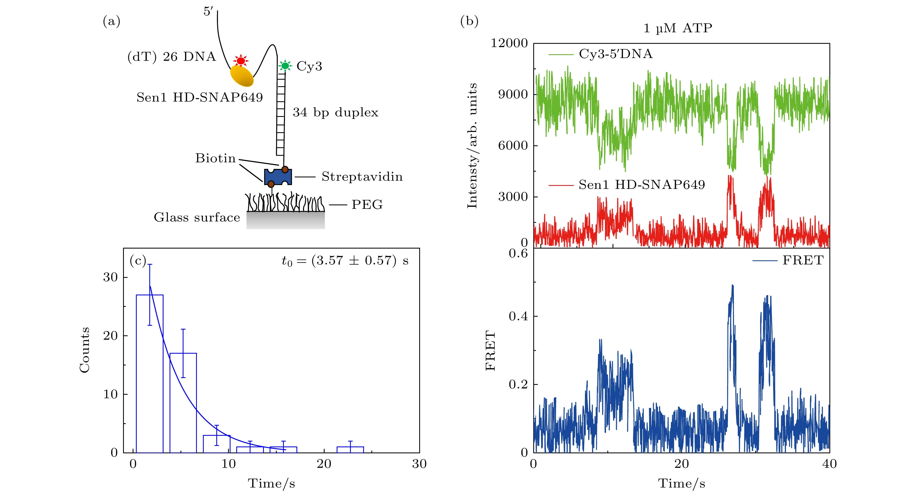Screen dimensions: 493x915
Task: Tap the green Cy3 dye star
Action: coord(285,66)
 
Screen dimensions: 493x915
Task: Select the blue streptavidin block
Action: coord(278,177)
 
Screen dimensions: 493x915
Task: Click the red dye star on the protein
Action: coord(241,61)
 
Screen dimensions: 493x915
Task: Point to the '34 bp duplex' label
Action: coord(335,112)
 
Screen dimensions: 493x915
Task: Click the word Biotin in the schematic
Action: coord(215,158)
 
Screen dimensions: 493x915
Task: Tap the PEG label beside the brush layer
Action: coord(367,205)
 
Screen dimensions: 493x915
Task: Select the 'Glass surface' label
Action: coord(197,217)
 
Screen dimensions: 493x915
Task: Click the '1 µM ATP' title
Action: coord(678,28)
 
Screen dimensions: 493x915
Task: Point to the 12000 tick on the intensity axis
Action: coord(509,43)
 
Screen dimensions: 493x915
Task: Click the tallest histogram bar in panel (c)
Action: coord(150,373)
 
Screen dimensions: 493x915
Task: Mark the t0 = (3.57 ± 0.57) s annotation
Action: coord(345,261)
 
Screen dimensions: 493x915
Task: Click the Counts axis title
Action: coord(84,350)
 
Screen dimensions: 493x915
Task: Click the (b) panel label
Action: coord(469,21)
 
